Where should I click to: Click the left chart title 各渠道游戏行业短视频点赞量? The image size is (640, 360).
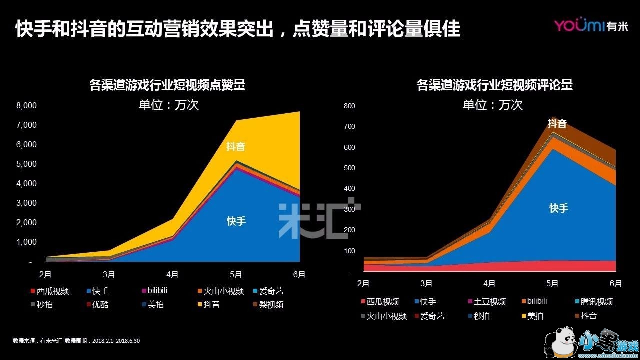point(167,85)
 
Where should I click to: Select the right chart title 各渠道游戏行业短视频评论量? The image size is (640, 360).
point(494,85)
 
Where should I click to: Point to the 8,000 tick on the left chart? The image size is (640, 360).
point(27,105)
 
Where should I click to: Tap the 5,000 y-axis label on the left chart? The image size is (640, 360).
point(27,164)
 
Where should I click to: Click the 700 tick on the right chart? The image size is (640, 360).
point(349,126)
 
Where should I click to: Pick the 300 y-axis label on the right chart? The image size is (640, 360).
point(349,209)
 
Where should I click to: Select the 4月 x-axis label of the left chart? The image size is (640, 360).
point(173,274)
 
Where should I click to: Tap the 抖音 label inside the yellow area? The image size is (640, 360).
point(236,147)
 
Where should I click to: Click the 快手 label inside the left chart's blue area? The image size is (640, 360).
point(236,221)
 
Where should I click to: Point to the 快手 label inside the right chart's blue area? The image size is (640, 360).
point(558,208)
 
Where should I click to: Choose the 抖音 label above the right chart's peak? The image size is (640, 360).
point(557,124)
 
